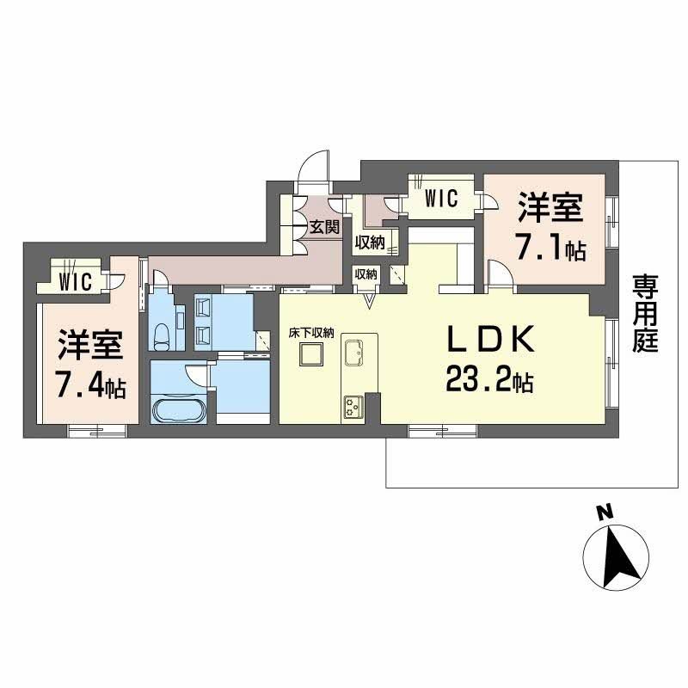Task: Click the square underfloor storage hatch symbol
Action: [311, 355]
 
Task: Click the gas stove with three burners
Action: [354, 404]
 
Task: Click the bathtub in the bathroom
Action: [179, 409]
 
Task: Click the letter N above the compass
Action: [605, 513]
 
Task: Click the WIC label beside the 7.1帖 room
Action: [441, 198]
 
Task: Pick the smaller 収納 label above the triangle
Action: [365, 274]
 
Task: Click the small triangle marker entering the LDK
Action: [369, 300]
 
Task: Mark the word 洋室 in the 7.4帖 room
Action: [90, 347]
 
